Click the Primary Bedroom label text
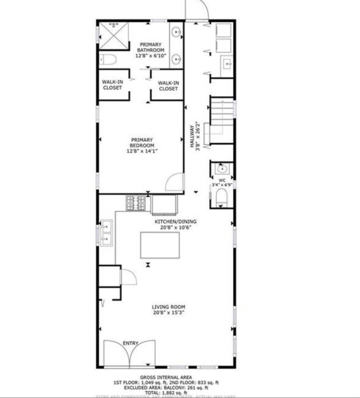click(x=142, y=142)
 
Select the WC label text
click(x=221, y=179)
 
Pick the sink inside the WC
click(x=221, y=168)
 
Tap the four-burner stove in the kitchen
click(x=136, y=203)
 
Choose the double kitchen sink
click(x=106, y=233)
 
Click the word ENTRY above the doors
click(x=130, y=343)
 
